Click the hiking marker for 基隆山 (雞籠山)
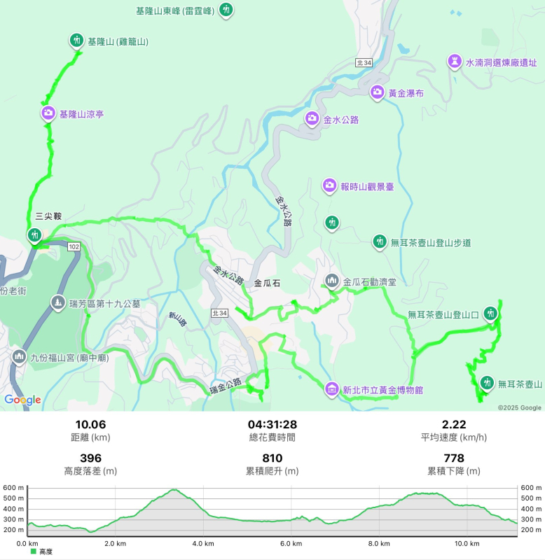pyautogui.click(x=76, y=41)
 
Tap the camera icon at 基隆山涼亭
pyautogui.click(x=48, y=113)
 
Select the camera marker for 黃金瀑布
pyautogui.click(x=377, y=92)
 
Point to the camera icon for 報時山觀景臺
pyautogui.click(x=329, y=185)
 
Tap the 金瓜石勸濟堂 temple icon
pyautogui.click(x=332, y=281)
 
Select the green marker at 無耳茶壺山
pyautogui.click(x=486, y=384)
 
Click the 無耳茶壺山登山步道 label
pyautogui.click(x=431, y=243)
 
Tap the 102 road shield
pyautogui.click(x=74, y=246)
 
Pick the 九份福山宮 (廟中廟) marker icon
pyautogui.click(x=19, y=356)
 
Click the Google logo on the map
pyautogui.click(x=22, y=400)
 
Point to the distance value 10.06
pyautogui.click(x=90, y=424)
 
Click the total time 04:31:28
pyautogui.click(x=272, y=424)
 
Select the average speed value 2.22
pyautogui.click(x=453, y=424)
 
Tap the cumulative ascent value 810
pyautogui.click(x=272, y=458)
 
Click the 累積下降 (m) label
pyautogui.click(x=453, y=471)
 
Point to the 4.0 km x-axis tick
pyautogui.click(x=202, y=543)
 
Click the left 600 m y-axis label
pyautogui.click(x=13, y=488)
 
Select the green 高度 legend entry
pyautogui.click(x=42, y=552)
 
